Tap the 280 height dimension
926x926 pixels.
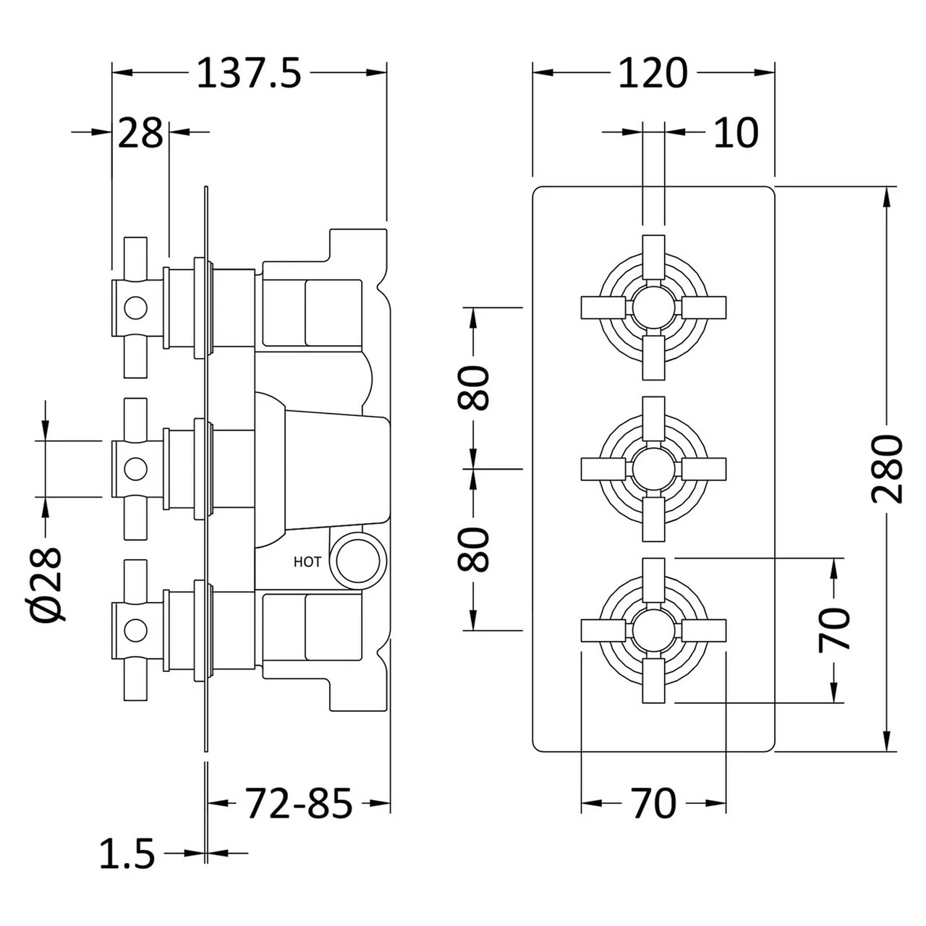click(888, 470)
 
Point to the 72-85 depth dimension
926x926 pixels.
click(299, 803)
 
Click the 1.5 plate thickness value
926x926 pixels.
click(127, 854)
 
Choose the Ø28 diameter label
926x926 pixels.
click(46, 585)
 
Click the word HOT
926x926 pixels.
click(307, 562)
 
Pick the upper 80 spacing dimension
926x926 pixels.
click(474, 388)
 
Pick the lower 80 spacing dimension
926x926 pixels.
click(474, 549)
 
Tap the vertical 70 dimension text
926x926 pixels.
click(833, 630)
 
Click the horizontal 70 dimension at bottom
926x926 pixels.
click(653, 804)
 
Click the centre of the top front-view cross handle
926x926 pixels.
click(653, 308)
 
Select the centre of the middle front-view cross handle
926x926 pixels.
click(653, 469)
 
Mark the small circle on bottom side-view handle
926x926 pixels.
click(135, 629)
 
